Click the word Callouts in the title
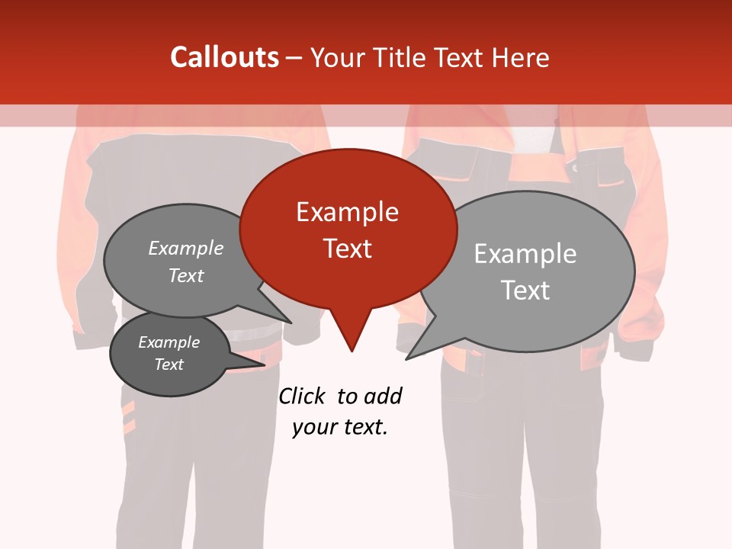224,57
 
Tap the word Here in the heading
521,57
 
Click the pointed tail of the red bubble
351,335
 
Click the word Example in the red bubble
347,212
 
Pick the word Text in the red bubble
347,249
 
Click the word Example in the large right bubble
525,254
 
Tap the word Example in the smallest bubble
169,342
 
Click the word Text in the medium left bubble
185,275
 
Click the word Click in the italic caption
303,396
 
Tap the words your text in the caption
340,427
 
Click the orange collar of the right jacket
534,164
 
